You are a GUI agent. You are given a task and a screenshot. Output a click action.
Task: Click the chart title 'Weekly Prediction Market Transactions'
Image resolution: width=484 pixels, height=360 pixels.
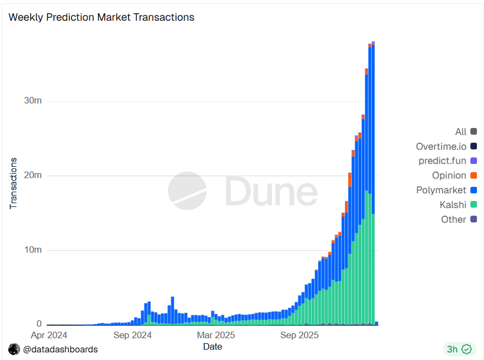101,17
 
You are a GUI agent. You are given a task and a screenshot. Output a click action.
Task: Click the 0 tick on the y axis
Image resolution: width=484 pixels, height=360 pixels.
39,325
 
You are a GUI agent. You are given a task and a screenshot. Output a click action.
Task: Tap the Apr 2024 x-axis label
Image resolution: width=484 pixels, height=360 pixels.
49,335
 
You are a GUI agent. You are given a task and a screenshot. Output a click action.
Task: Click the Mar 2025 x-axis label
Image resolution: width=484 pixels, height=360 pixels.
216,335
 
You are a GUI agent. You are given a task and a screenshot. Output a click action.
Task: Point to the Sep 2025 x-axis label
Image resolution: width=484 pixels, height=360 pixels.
299,335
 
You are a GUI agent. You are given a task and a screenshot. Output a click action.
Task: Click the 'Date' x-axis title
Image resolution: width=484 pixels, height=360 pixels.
213,346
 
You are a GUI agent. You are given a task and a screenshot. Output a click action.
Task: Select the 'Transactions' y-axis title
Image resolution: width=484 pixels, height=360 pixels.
14,184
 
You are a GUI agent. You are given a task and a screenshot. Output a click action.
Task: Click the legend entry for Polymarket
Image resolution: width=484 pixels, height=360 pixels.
441,190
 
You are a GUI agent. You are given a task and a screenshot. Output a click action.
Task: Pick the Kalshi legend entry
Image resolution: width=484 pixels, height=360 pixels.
453,205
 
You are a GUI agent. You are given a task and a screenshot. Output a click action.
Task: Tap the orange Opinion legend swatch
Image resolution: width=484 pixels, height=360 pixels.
474,175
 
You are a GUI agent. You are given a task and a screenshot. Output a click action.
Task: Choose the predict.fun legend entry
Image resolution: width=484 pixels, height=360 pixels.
442,161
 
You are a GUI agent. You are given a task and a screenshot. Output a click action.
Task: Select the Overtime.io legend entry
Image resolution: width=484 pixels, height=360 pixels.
441,146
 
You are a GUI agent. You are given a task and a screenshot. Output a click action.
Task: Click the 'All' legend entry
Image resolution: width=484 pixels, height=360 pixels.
461,132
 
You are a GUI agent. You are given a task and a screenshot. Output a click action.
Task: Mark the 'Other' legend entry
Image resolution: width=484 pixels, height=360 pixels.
453,219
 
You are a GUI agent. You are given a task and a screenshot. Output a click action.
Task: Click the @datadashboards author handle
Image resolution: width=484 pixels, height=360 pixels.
60,349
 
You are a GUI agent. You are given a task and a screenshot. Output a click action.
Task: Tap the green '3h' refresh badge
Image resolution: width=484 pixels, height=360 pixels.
458,349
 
